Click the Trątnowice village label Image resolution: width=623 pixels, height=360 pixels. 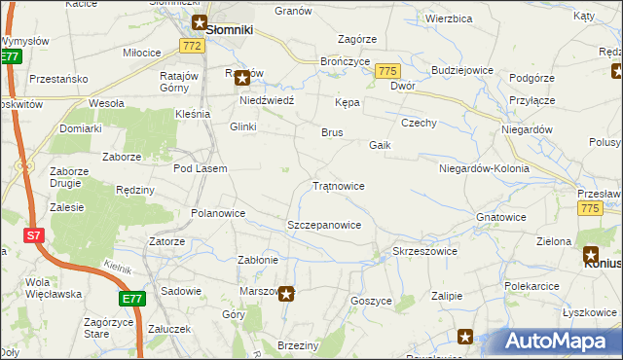[338, 185]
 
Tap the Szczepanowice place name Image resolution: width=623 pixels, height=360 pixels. [324, 225]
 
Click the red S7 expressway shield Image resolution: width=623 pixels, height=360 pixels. [33, 235]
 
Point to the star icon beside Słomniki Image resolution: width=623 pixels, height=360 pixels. [199, 23]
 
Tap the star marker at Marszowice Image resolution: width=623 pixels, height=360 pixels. [285, 292]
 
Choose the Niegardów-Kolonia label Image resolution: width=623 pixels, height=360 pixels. [484, 168]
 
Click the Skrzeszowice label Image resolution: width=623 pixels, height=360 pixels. [424, 251]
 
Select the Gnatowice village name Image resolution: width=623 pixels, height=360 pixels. [501, 217]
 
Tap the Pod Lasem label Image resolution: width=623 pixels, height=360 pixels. [200, 168]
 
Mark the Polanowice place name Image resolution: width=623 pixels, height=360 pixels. [218, 212]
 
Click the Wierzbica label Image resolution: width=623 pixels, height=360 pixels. [449, 18]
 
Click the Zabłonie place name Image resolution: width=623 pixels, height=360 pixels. [259, 260]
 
